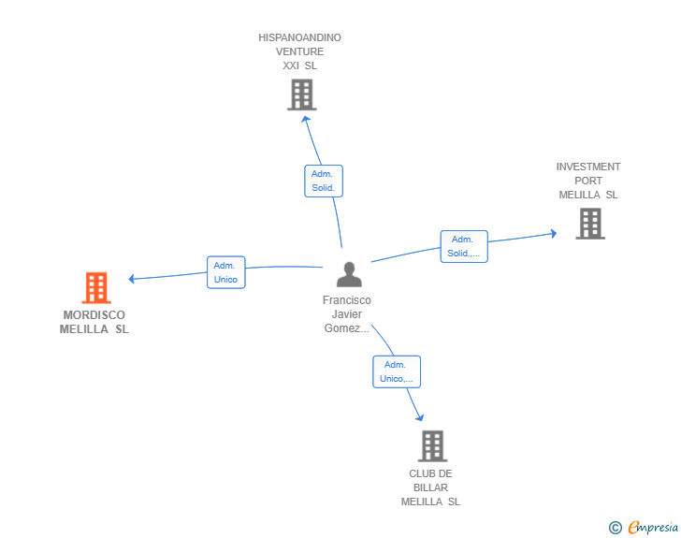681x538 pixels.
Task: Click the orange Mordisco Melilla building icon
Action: [x=96, y=288]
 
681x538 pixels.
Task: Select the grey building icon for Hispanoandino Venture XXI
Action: [x=301, y=95]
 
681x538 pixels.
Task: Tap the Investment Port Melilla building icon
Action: [x=589, y=224]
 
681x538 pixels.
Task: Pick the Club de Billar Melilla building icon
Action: [x=431, y=446]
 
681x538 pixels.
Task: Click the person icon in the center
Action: [x=349, y=274]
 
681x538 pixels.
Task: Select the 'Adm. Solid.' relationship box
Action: [x=324, y=181]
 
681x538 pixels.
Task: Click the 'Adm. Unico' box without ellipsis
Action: [x=225, y=272]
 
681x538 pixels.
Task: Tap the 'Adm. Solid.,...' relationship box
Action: [x=463, y=246]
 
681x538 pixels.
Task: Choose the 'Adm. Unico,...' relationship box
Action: [x=397, y=371]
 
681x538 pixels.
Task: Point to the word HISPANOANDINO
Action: [x=300, y=37]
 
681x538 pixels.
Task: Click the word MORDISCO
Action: [x=94, y=315]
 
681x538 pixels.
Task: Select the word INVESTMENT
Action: [x=588, y=167]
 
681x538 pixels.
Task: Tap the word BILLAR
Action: [x=430, y=487]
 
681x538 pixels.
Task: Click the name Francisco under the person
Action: [x=347, y=300]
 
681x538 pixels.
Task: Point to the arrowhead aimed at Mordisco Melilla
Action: [x=133, y=278]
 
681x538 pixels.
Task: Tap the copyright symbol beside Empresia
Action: [x=616, y=528]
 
